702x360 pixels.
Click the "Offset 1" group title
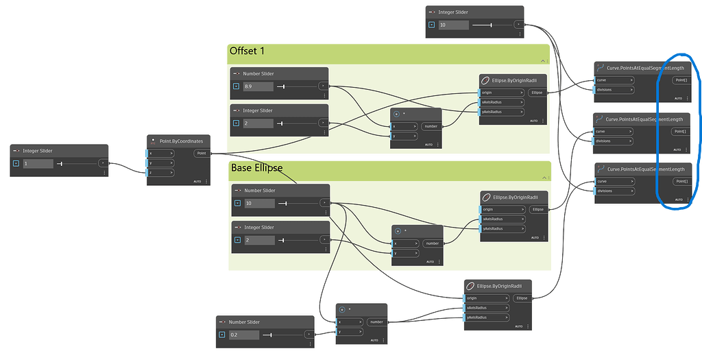(247, 51)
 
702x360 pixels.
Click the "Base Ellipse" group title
(256, 168)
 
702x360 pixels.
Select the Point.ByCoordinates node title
(181, 141)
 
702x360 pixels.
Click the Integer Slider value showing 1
(38, 164)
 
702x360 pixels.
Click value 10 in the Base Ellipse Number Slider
(260, 203)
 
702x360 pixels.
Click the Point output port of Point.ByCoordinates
(202, 154)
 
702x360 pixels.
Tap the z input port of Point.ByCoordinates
(162, 172)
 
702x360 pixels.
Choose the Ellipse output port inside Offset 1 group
(537, 93)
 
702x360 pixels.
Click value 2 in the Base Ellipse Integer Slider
(258, 240)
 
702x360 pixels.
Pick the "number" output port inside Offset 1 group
(431, 126)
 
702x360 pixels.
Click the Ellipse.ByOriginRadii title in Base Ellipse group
(511, 197)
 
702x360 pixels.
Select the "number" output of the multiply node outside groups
(376, 322)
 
